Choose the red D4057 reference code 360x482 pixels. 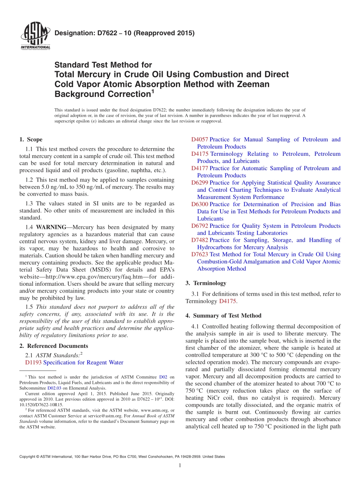(x=200, y=139)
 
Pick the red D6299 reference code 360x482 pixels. (x=200, y=183)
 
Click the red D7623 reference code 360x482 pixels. (x=200, y=255)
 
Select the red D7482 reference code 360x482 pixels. (x=200, y=240)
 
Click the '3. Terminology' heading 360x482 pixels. (x=206, y=283)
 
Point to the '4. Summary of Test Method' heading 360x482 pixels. (x=223, y=316)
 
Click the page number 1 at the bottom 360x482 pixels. (x=180, y=466)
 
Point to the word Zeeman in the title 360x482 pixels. (x=254, y=84)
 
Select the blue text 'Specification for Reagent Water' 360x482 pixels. (x=83, y=363)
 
